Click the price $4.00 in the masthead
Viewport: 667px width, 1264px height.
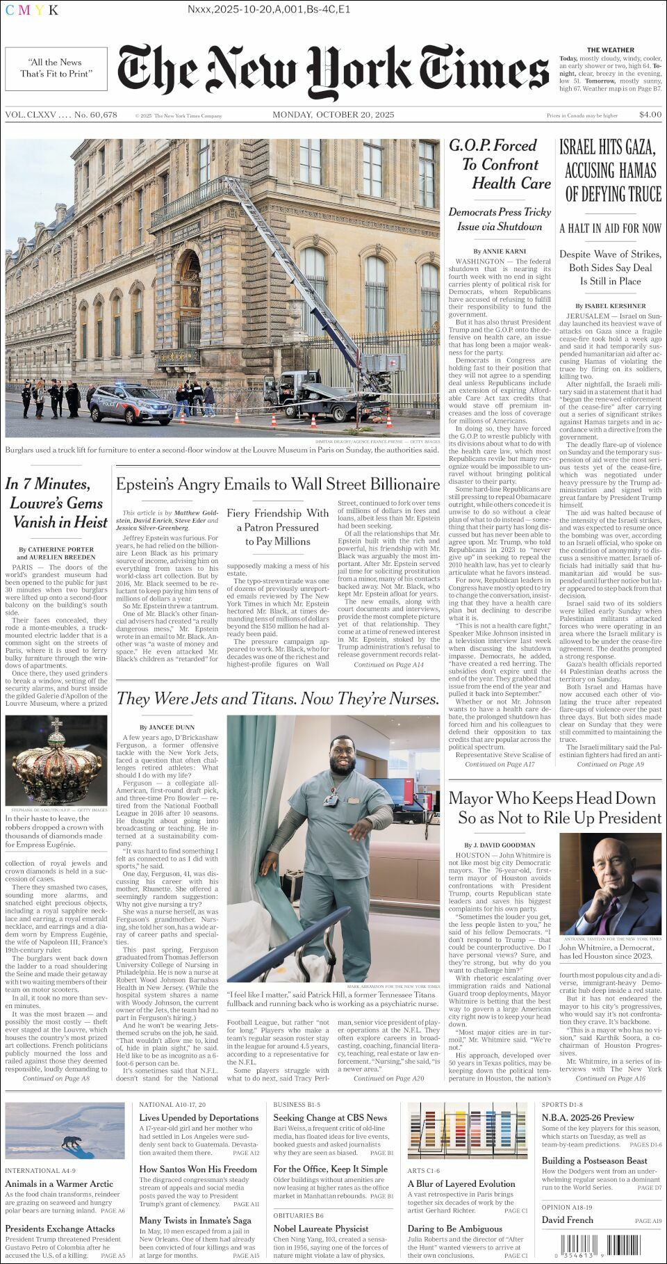point(650,115)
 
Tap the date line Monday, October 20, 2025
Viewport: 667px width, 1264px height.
point(333,115)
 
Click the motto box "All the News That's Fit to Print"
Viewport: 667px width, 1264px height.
point(56,68)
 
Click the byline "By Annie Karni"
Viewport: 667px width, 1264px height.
point(500,251)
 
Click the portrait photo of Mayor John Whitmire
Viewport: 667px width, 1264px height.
point(610,883)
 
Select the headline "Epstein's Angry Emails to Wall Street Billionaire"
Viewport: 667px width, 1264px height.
point(278,484)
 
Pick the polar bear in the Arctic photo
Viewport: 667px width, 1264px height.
point(72,1142)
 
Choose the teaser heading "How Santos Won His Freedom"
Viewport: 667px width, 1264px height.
point(197,1169)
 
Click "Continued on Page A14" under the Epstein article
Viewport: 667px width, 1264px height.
point(388,665)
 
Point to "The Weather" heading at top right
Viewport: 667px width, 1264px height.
point(610,50)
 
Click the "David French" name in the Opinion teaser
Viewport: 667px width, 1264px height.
point(567,1220)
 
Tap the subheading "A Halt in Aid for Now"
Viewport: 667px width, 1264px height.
point(610,228)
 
